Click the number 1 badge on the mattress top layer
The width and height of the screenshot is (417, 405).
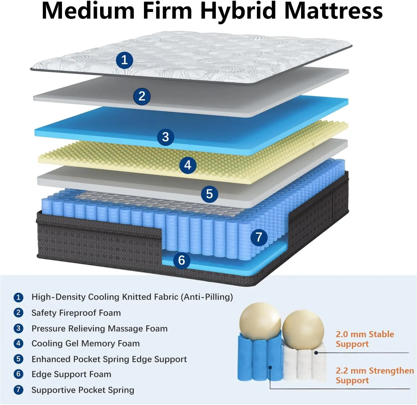(x=124, y=60)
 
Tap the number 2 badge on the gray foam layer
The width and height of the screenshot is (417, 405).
(x=142, y=96)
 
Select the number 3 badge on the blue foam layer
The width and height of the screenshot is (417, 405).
(x=165, y=137)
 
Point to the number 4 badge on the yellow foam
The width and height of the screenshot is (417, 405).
(x=188, y=165)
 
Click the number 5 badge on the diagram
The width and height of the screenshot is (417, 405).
(x=209, y=194)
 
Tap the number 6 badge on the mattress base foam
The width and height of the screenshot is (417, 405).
(x=182, y=260)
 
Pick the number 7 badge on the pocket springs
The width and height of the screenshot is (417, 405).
(x=259, y=237)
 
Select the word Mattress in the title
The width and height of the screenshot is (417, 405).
(x=334, y=11)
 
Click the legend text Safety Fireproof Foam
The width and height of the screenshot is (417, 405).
(x=76, y=313)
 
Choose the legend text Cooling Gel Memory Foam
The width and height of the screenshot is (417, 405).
(x=86, y=344)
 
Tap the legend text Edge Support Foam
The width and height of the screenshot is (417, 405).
(x=71, y=374)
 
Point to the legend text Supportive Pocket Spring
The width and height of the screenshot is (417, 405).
(x=83, y=390)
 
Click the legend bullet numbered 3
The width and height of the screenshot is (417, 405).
(x=18, y=328)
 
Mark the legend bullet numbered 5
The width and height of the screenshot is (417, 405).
(x=18, y=359)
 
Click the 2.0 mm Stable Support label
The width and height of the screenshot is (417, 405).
(x=364, y=339)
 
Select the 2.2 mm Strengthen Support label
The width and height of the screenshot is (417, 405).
(x=374, y=375)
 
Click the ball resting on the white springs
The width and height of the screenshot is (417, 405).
(x=303, y=328)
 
